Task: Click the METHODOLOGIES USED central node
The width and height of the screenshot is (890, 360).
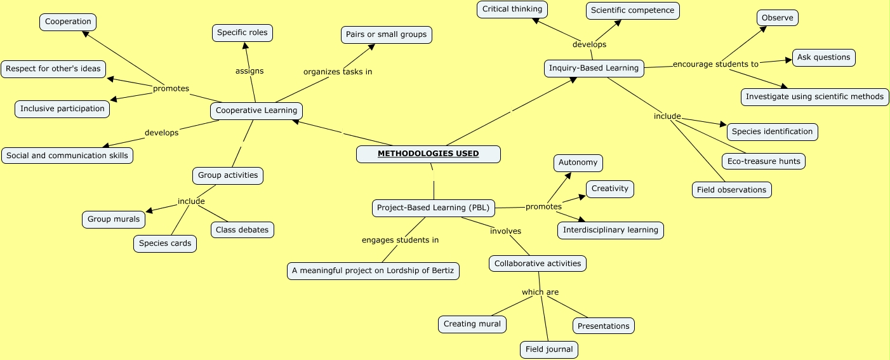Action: (428, 154)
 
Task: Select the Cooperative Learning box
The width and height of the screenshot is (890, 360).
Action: (256, 110)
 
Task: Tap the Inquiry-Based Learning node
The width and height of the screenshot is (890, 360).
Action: (594, 69)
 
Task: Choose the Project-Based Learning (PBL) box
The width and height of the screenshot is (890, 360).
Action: (432, 208)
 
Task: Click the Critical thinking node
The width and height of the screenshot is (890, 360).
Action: (512, 10)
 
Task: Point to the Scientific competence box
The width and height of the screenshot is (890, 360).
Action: (632, 11)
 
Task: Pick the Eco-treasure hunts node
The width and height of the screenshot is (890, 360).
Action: (764, 161)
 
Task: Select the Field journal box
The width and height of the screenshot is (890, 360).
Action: (549, 349)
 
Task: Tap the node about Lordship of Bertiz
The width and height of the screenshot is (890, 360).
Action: (373, 271)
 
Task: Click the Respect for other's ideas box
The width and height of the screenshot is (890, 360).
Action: (53, 69)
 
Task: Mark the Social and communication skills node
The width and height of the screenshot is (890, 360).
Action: (67, 156)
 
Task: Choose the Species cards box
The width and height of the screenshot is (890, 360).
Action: (165, 244)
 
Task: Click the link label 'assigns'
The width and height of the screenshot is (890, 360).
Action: (249, 71)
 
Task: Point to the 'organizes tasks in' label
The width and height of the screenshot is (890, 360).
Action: (338, 72)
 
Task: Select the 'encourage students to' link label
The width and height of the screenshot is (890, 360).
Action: (715, 64)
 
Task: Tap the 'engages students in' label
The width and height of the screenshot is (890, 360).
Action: (400, 240)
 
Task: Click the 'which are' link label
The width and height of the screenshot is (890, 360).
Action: (540, 292)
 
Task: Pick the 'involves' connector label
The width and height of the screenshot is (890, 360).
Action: (505, 231)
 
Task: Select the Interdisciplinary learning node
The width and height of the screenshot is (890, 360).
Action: (611, 230)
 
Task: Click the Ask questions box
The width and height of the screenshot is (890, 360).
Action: (823, 58)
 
